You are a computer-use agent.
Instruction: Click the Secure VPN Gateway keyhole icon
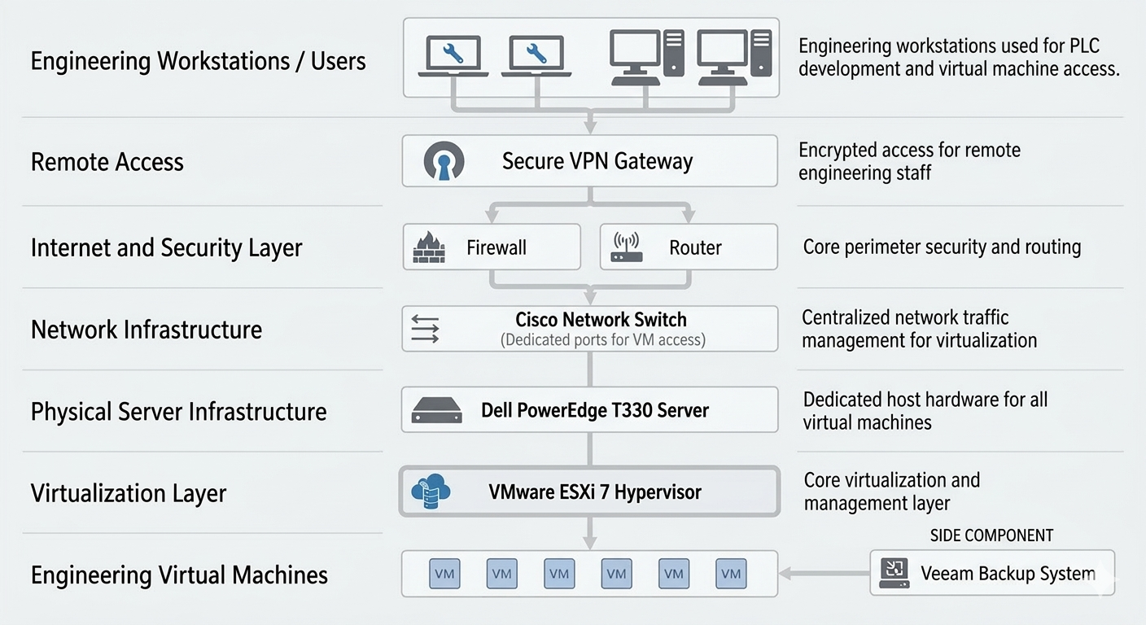(444, 161)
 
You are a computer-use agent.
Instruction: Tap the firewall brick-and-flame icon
(429, 247)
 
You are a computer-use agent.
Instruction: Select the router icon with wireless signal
(626, 247)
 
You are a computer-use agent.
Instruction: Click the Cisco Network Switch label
(601, 320)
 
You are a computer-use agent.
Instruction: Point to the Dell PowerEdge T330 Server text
(594, 410)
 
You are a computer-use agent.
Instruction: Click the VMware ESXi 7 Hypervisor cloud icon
(431, 492)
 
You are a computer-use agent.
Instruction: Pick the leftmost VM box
(444, 574)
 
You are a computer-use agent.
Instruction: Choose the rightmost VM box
(731, 574)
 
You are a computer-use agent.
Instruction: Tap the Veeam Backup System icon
(893, 574)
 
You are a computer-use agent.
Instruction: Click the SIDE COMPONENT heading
(991, 535)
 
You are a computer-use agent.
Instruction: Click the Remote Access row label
(107, 162)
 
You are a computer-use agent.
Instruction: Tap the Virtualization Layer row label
(128, 493)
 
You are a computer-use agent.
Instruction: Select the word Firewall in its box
(496, 247)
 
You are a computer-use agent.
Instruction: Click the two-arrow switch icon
(425, 329)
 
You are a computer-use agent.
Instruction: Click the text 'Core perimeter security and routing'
(942, 247)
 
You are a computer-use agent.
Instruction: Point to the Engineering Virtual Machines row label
(179, 575)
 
